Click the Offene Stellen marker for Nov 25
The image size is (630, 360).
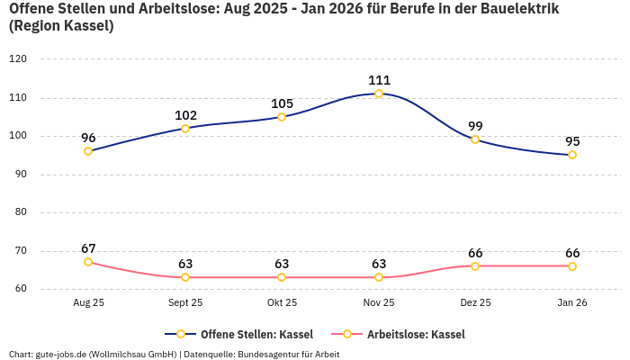[x=379, y=94]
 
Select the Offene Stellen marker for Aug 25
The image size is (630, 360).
[x=88, y=151]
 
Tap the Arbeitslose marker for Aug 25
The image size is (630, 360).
[x=88, y=262]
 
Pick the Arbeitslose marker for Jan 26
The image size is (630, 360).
[x=572, y=266]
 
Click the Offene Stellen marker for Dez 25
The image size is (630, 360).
[x=475, y=139]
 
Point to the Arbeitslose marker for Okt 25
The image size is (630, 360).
[x=282, y=277]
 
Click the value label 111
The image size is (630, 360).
[x=379, y=80]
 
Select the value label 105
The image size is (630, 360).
[x=282, y=103]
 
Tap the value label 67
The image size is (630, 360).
[x=88, y=248]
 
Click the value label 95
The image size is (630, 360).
[x=572, y=141]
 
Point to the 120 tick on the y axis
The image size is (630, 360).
[x=17, y=59]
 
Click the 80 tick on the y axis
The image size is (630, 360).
[x=20, y=213]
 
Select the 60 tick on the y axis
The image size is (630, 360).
[x=20, y=290]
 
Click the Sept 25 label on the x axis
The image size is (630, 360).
[x=185, y=303]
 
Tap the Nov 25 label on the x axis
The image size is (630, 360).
[x=379, y=303]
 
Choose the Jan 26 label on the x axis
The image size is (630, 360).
[x=572, y=303]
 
